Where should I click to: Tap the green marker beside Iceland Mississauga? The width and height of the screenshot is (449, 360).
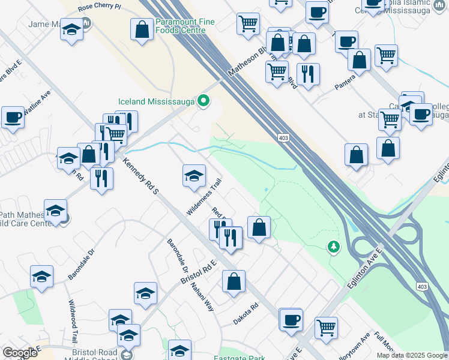click(x=203, y=101)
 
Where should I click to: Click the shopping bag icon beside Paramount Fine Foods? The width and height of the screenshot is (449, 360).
click(x=142, y=31)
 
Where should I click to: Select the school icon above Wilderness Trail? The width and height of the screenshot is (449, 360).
click(x=194, y=175)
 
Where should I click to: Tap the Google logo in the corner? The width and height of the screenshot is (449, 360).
click(x=20, y=353)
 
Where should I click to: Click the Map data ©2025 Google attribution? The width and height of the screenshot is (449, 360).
click(x=411, y=355)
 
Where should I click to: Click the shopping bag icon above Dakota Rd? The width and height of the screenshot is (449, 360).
click(x=234, y=281)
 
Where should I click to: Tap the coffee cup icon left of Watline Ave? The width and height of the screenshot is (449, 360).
click(x=13, y=118)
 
